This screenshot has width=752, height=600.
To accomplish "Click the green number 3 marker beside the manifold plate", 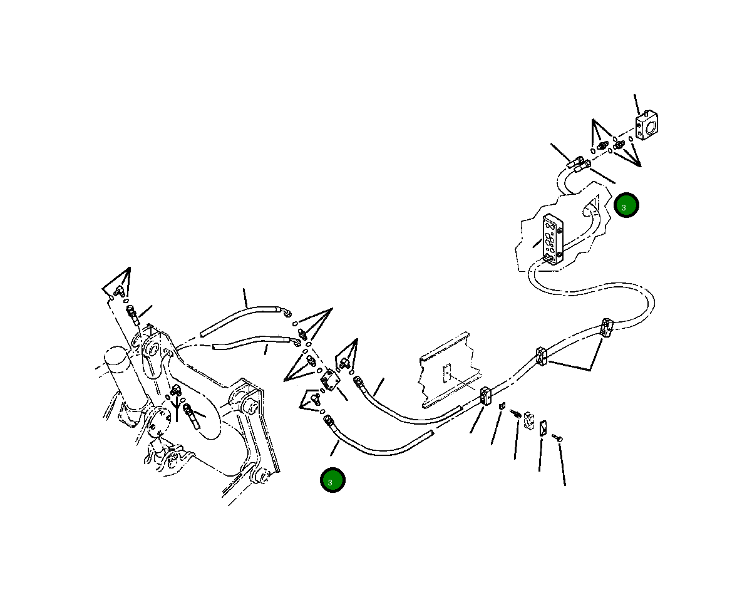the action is tap(626, 205).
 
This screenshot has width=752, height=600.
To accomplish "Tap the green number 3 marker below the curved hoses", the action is tap(332, 480).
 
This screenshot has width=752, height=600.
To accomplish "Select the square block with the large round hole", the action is tap(646, 125).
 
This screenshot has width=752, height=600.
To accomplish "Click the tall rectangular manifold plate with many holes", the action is tap(552, 239).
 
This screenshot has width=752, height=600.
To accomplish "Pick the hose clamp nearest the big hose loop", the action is tap(606, 328).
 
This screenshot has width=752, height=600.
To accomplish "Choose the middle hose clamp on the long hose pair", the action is tap(541, 356).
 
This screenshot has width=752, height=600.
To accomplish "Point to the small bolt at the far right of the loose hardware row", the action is tap(557, 438).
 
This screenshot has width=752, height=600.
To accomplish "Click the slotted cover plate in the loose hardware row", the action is tap(543, 428).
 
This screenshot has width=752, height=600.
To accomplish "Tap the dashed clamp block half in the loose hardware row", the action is tap(529, 421).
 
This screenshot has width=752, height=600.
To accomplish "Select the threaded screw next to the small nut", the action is tap(515, 413).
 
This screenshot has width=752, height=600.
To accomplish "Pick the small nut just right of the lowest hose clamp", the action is tap(502, 406).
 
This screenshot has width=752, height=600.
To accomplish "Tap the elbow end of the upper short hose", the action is tap(287, 313).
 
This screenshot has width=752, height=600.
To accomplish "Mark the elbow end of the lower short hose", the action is tap(296, 341).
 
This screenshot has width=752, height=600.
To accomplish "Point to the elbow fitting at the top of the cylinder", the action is tap(119, 291).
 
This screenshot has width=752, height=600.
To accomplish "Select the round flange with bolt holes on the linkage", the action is tap(158, 422).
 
